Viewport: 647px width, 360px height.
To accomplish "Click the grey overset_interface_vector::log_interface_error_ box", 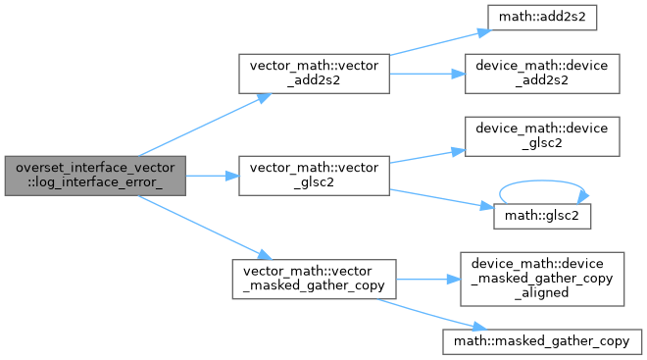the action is (95, 176).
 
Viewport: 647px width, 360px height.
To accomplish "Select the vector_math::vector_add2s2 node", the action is (314, 74).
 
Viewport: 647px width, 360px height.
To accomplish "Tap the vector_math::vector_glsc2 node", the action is (314, 176).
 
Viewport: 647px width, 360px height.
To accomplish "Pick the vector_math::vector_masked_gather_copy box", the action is (314, 280).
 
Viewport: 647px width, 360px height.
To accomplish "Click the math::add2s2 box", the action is (542, 18).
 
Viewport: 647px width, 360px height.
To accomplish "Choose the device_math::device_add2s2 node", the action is (542, 74).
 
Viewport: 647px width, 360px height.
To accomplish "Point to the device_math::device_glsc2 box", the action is (542, 136).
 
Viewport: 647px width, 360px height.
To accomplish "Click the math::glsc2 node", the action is (542, 216).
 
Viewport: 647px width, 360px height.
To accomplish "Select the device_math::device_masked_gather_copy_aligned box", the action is (542, 280).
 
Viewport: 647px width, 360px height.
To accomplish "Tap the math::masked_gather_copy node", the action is (542, 341).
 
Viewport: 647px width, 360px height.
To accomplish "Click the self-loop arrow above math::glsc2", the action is (542, 180).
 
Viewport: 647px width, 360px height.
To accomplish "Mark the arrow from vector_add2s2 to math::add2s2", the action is (441, 42).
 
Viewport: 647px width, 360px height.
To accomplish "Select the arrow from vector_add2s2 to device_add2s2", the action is (427, 74).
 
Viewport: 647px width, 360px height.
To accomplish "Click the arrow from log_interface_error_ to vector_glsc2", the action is (213, 176).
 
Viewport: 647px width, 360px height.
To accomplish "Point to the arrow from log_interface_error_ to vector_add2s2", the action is (205, 126).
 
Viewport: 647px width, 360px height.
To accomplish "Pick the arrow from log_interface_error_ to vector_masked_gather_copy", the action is (205, 228).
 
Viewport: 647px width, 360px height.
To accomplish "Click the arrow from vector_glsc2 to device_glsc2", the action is (427, 156).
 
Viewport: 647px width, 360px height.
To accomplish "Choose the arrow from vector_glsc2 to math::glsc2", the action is (442, 199).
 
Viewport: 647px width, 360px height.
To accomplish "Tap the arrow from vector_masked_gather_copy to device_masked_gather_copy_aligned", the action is (428, 280).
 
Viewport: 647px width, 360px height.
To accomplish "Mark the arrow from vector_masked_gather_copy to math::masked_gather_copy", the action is (431, 315).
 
